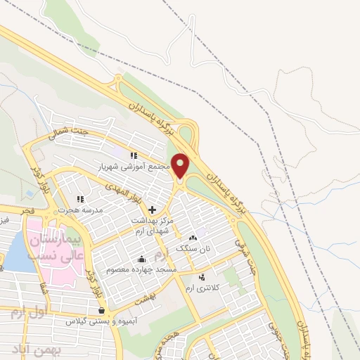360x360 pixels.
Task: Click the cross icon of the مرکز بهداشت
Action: click(x=152, y=209)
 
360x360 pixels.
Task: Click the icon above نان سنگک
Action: click(x=193, y=238)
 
